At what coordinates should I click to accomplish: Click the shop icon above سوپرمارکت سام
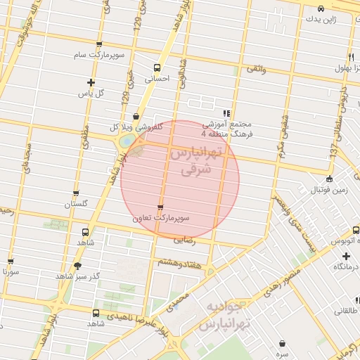pyautogui.click(x=98, y=44)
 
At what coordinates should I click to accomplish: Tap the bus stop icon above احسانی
pyautogui.click(x=156, y=68)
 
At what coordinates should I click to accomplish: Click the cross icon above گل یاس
pyautogui.click(x=91, y=82)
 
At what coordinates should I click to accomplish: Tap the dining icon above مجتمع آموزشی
pyautogui.click(x=226, y=112)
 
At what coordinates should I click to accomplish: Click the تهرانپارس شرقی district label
pyautogui.click(x=195, y=161)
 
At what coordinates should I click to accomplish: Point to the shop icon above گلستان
pyautogui.click(x=76, y=193)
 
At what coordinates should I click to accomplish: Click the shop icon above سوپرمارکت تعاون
pyautogui.click(x=161, y=207)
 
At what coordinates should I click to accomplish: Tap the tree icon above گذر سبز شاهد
pyautogui.click(x=77, y=266)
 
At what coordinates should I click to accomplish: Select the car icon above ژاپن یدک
pyautogui.click(x=321, y=8)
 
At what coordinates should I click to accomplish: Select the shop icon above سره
pyautogui.click(x=283, y=344)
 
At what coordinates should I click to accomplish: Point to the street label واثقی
pyautogui.click(x=255, y=70)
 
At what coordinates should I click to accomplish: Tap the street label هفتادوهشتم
pyautogui.click(x=179, y=262)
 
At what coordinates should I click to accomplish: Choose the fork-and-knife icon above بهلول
pyautogui.click(x=350, y=57)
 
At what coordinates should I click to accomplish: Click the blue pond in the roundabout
pyautogui.click(x=126, y=141)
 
